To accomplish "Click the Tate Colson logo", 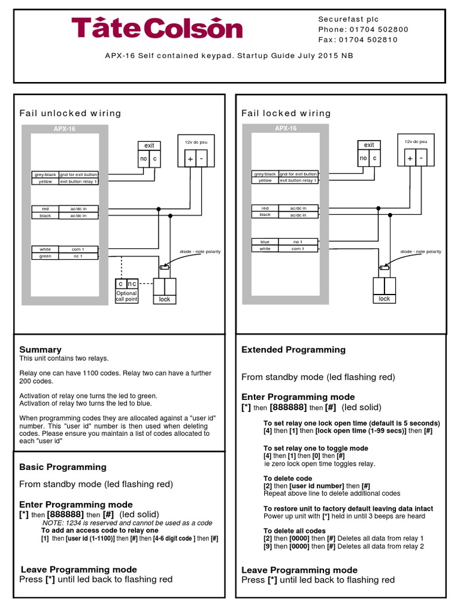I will click(157, 28).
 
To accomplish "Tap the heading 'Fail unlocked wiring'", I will click(70, 113).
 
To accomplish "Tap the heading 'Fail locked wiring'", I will click(286, 113).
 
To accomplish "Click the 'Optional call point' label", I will click(126, 296).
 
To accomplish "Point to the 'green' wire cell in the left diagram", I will click(46, 256).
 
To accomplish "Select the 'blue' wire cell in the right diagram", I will click(265, 242).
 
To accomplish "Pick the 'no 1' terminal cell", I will click(298, 242).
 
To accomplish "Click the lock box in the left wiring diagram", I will click(165, 299).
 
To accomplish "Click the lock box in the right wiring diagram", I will click(384, 298).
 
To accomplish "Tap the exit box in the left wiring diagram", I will click(149, 145).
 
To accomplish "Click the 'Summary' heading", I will click(40, 350).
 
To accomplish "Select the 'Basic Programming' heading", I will click(63, 467).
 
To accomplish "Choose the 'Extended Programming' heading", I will click(293, 350).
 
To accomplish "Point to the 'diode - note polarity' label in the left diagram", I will click(200, 251).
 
